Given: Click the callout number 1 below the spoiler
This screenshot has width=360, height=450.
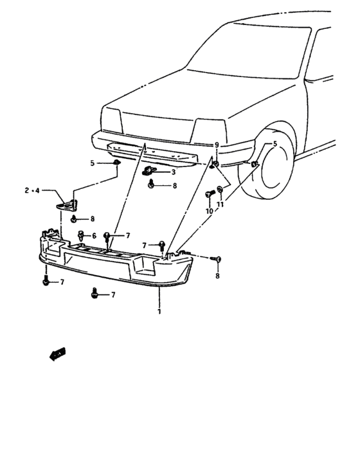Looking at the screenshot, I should (159, 312).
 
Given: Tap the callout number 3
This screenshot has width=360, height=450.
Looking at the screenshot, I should (173, 172).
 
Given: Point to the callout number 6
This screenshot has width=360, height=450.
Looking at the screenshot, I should (94, 236).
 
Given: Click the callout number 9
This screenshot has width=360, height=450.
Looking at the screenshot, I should (217, 145).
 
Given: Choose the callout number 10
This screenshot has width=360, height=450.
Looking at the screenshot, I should (208, 211).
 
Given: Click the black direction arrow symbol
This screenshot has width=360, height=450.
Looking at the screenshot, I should (57, 353).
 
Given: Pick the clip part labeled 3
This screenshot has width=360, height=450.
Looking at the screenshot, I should (150, 171).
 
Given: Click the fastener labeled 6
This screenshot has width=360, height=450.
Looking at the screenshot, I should (82, 235).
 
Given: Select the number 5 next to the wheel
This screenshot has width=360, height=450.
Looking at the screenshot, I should (275, 145).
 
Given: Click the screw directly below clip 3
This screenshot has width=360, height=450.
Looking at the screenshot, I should (151, 185).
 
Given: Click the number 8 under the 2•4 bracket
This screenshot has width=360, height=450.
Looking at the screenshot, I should (92, 219).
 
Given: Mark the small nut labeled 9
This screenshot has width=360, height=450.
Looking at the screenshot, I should (216, 165).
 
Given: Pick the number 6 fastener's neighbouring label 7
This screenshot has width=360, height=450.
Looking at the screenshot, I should (128, 236).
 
